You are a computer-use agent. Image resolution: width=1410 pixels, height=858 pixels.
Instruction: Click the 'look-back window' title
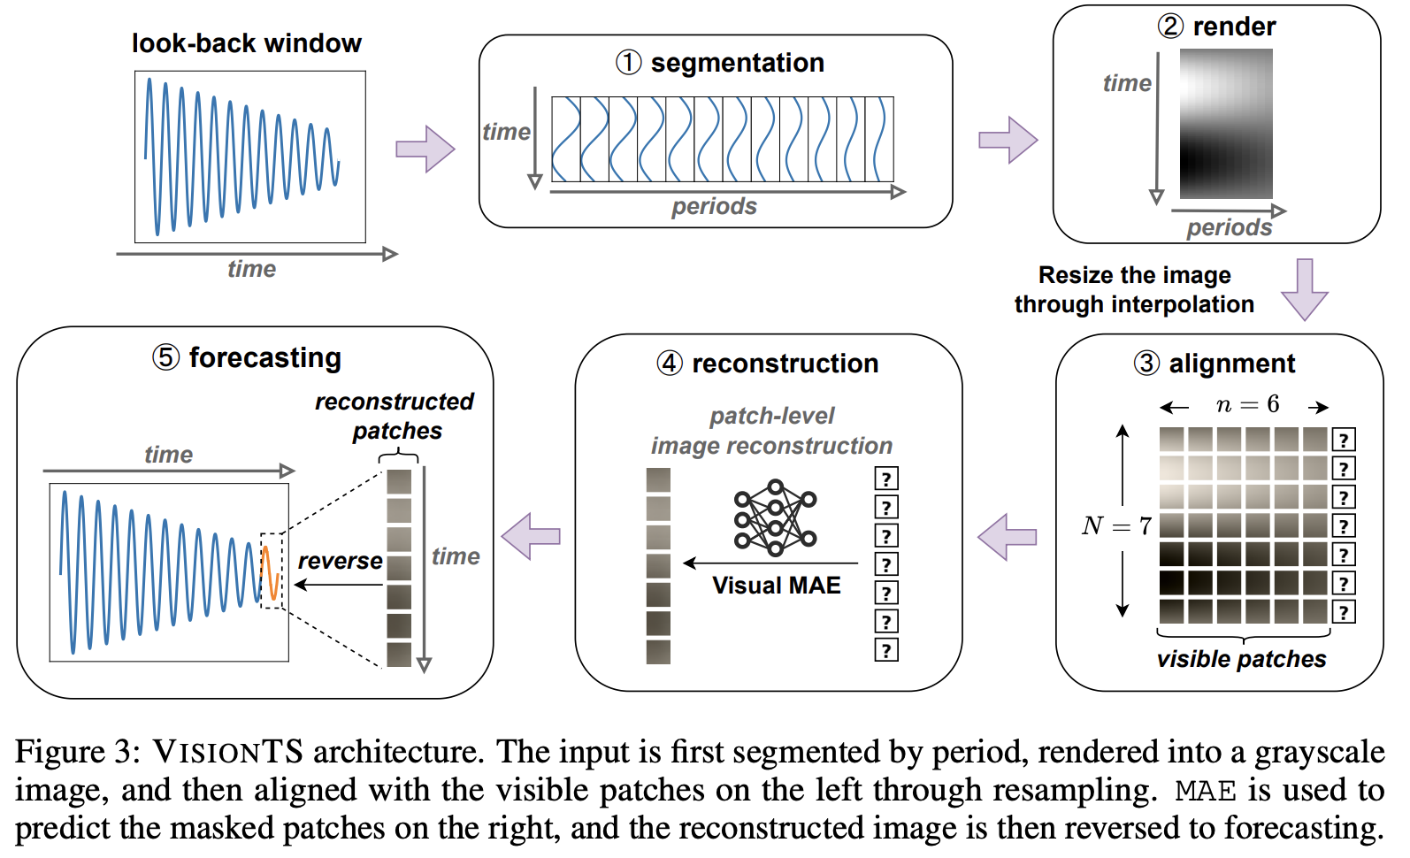tap(246, 43)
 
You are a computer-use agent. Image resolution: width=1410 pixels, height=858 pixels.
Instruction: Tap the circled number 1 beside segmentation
tap(628, 63)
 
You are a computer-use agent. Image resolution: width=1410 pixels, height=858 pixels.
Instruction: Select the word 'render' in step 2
tap(1234, 27)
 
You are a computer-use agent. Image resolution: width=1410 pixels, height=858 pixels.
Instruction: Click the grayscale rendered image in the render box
tap(1225, 124)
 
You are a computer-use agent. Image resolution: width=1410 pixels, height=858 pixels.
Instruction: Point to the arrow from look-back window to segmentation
tap(425, 149)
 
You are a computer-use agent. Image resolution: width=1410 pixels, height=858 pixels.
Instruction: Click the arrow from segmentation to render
tap(1008, 140)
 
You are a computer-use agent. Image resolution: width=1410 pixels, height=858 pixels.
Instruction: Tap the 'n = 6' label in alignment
tap(1247, 405)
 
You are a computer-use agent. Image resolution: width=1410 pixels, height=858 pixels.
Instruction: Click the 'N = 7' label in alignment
tap(1116, 526)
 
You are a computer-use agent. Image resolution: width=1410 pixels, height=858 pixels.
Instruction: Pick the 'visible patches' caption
tap(1241, 659)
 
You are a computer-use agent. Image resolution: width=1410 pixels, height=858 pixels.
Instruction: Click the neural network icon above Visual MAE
tap(775, 518)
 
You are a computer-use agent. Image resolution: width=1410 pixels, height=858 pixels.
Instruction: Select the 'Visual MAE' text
tap(776, 586)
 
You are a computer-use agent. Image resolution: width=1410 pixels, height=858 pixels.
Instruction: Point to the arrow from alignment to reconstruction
tap(1007, 536)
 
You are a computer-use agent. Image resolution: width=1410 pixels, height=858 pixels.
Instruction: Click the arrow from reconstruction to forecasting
tap(531, 536)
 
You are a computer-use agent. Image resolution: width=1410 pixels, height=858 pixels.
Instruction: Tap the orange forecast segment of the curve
tap(271, 573)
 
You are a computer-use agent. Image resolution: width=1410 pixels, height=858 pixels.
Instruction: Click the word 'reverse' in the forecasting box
tap(340, 561)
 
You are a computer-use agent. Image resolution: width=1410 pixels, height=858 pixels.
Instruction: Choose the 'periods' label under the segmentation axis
tap(714, 207)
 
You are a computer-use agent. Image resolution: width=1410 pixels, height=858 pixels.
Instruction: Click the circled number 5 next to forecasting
tap(165, 357)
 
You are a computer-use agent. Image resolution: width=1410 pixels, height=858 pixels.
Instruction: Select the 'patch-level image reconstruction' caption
tap(771, 431)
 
